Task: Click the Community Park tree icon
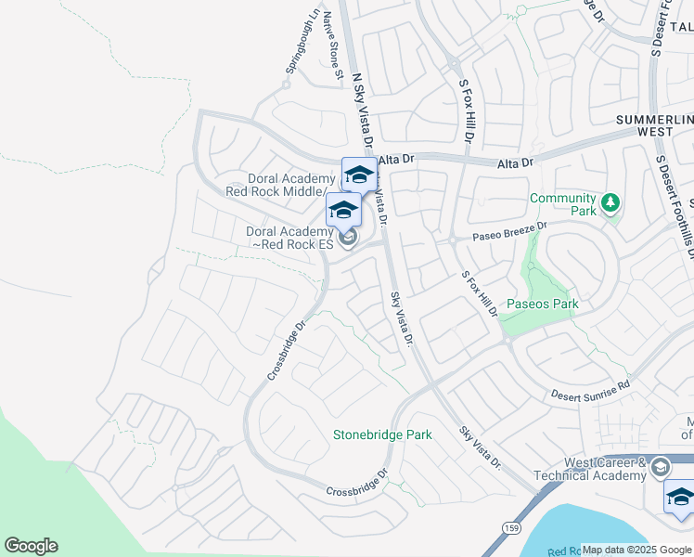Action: tap(610, 202)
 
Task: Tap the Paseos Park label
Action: tap(542, 304)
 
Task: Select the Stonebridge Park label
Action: tap(383, 434)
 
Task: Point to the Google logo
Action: tap(31, 546)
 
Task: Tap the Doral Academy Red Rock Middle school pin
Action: tap(359, 174)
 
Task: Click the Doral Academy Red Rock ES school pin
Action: tap(342, 209)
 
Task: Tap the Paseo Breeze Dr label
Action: tap(509, 230)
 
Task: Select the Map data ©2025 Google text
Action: tap(636, 549)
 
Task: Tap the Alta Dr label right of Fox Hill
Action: tap(516, 163)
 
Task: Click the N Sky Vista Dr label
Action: tap(361, 102)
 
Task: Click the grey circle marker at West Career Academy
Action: tap(660, 466)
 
